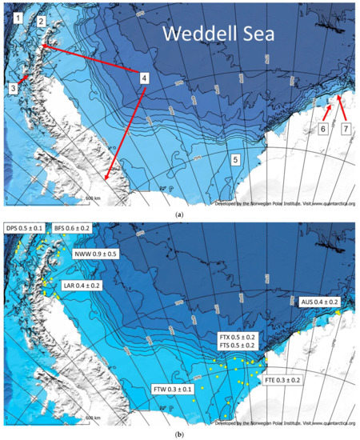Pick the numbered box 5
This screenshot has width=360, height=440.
pyautogui.click(x=236, y=159)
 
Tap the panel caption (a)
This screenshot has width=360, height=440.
pyautogui.click(x=179, y=213)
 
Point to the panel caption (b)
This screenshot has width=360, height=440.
pyautogui.click(x=179, y=432)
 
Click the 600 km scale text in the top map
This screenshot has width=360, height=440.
pyautogui.click(x=93, y=197)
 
